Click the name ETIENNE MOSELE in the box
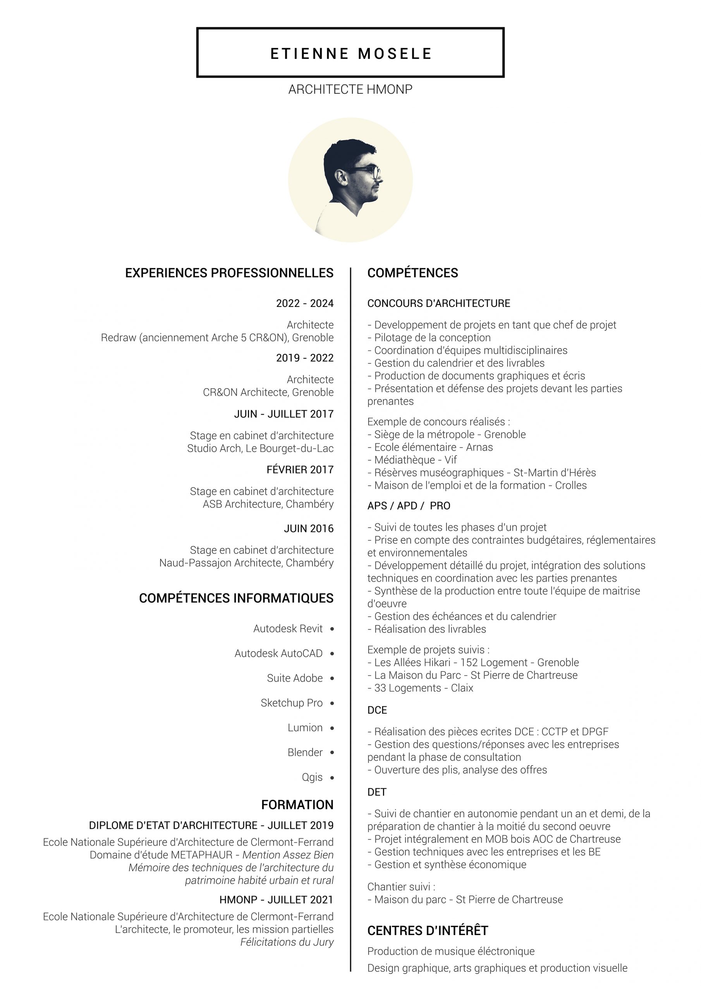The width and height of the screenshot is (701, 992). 351,53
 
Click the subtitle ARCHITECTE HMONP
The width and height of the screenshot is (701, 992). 350,90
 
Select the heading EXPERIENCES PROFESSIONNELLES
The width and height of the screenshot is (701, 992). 229,273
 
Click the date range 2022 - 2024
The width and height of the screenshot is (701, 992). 304,303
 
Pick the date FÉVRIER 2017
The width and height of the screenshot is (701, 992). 300,470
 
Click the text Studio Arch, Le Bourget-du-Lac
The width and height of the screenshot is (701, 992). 260,448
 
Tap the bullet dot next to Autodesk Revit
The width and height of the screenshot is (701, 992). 332,629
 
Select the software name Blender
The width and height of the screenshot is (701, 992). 305,753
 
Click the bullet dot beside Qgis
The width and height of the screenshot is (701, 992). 332,778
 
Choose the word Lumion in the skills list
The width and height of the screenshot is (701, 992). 305,728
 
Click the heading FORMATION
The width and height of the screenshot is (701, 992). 297,804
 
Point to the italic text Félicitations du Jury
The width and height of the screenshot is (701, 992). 287,942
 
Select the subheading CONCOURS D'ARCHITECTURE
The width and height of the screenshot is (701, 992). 438,303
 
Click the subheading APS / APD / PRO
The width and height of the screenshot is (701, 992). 409,506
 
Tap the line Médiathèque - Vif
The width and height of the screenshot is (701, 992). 412,460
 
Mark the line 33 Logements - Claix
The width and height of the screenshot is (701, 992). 420,688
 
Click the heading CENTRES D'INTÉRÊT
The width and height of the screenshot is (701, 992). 428,931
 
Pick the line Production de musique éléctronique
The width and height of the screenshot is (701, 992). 451,951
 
